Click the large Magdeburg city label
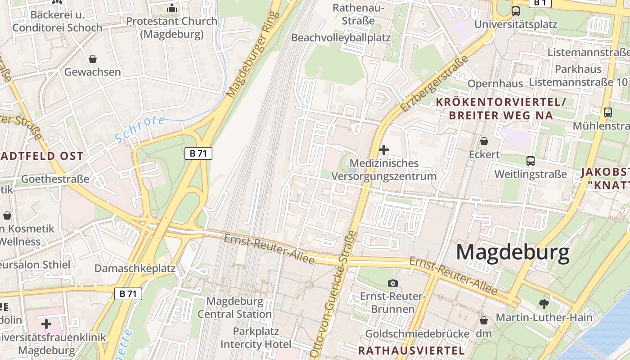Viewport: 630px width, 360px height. coord(513,253)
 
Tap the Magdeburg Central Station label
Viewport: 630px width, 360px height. coord(234,307)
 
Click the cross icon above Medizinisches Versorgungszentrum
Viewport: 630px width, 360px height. coord(384,149)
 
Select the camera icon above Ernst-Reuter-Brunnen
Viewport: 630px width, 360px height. coord(393,283)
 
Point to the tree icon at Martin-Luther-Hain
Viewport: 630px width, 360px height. coord(544,304)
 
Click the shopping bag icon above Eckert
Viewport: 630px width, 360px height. coord(484,141)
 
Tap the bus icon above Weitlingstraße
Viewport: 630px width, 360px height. coord(531,161)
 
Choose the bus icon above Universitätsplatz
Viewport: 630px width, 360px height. coord(516,11)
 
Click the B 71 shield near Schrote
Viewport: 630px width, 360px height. coord(198,153)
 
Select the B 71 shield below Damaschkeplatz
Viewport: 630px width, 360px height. coord(128,294)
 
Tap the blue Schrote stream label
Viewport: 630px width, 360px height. coord(139,129)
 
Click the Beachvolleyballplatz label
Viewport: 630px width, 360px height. coord(341,37)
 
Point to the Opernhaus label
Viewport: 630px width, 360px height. coord(495,84)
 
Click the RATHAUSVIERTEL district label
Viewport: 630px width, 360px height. coord(411,350)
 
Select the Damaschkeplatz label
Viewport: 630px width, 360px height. coord(135,269)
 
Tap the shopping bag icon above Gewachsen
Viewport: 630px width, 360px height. coord(93,59)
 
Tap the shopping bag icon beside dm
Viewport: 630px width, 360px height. coord(484,320)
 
